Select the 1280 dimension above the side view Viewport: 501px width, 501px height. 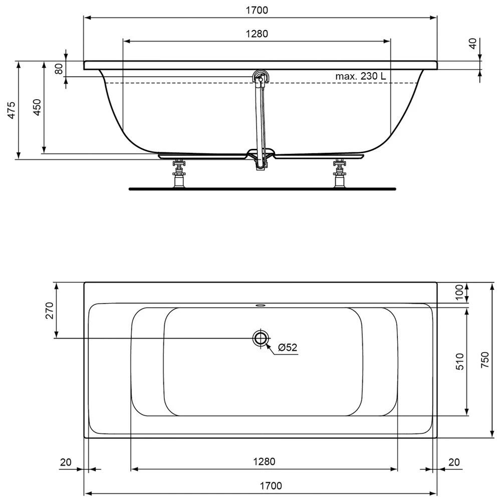point(257,34)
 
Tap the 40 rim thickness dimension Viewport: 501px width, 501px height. point(471,44)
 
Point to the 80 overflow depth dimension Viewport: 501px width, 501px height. point(59,69)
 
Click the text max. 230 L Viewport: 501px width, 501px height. point(361,76)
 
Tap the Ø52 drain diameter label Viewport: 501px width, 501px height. point(287,347)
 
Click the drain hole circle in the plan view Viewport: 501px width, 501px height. point(260,338)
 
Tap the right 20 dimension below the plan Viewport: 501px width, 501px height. point(454,462)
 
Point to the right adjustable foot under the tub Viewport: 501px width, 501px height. point(340,174)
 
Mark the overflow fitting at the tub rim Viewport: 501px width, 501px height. point(260,78)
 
